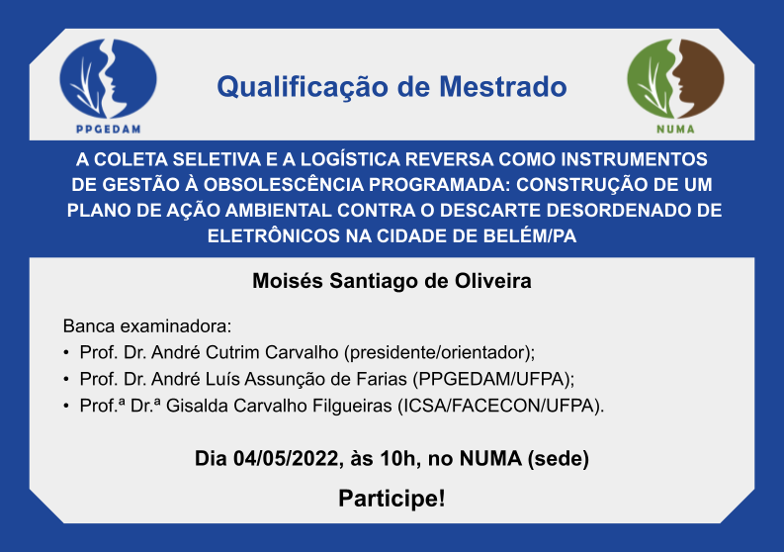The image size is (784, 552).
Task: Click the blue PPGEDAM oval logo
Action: (x=108, y=78)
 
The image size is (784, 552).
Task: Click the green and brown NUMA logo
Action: (x=675, y=78)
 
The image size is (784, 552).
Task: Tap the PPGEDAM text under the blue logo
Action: (x=108, y=130)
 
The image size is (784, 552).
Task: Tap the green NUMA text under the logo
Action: (x=675, y=130)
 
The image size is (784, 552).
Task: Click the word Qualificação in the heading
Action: (x=303, y=87)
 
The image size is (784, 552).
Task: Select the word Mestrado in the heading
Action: (x=503, y=87)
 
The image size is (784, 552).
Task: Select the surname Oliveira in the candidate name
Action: (x=493, y=281)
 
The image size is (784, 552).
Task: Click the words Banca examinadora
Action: (x=147, y=326)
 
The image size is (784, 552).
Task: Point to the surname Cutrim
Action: (x=233, y=352)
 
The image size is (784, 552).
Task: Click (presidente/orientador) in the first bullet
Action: (x=439, y=353)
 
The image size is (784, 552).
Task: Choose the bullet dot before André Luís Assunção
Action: (x=66, y=379)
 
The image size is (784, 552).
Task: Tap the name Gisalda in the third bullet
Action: (x=197, y=406)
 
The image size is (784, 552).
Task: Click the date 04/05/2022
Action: (x=286, y=458)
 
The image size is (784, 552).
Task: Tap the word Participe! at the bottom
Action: (x=392, y=499)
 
